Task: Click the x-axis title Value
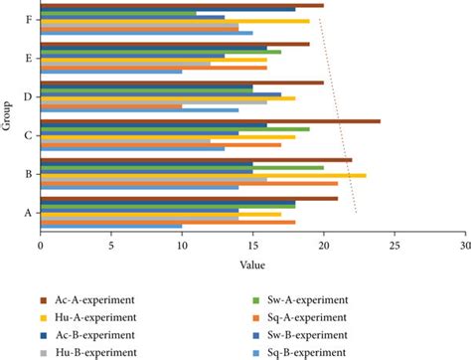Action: tap(252, 265)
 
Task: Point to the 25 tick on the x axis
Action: tap(394, 245)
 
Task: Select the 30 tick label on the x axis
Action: tap(465, 245)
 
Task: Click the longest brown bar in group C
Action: tap(210, 121)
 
